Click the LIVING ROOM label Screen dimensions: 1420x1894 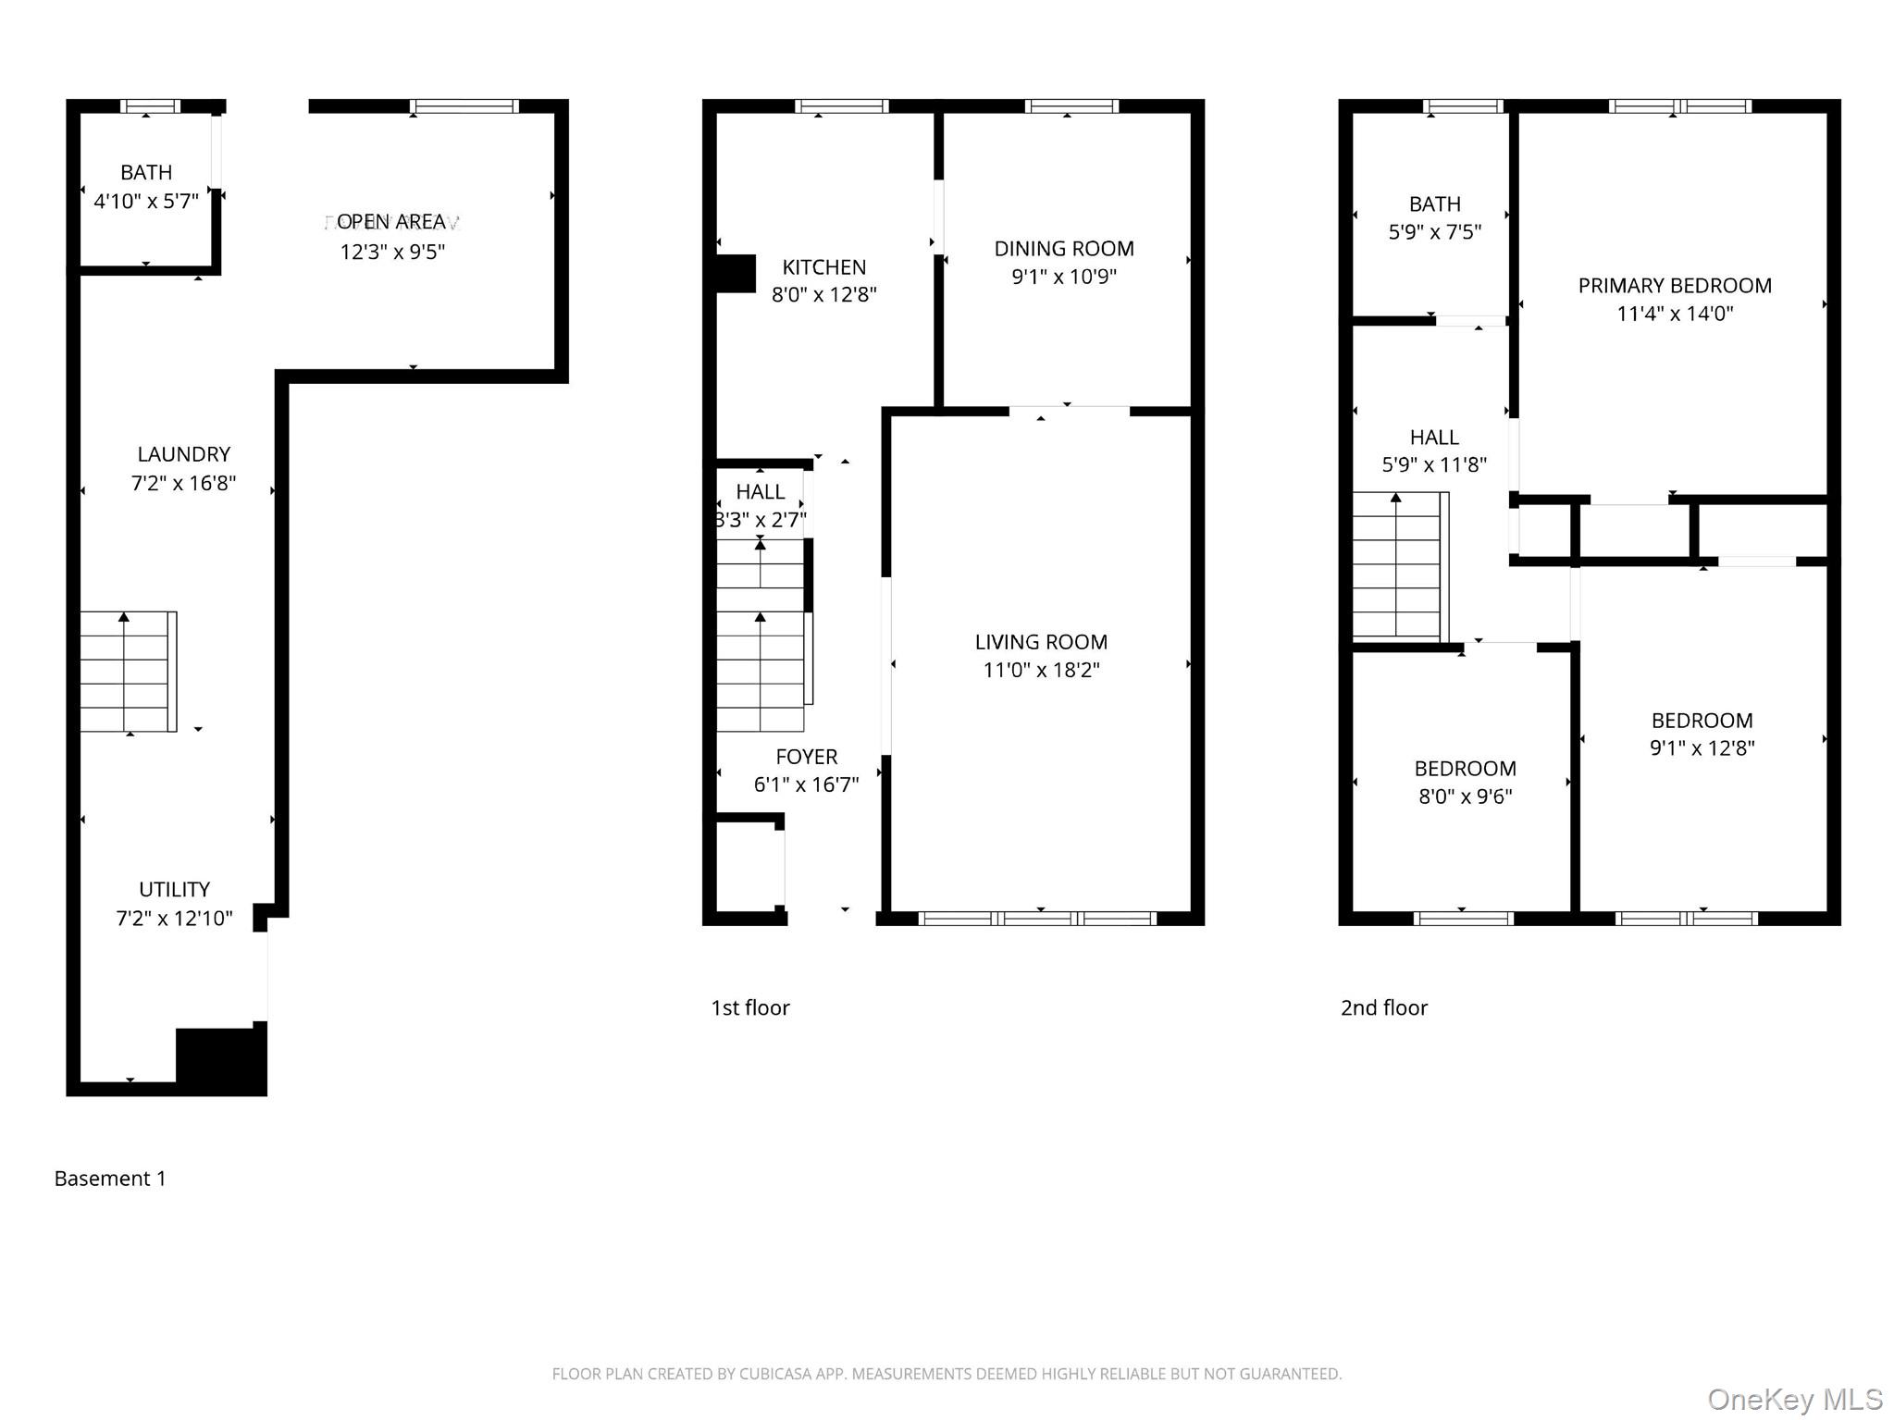point(1041,642)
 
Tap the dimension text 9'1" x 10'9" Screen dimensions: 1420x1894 point(1064,277)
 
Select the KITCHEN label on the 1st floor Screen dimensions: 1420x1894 point(823,267)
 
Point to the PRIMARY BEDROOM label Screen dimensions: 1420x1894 point(1674,286)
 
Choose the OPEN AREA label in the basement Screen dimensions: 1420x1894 point(391,222)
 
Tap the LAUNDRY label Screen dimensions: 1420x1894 point(183,454)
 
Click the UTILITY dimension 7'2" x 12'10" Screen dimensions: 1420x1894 point(174,918)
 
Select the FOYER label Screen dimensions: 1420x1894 point(806,757)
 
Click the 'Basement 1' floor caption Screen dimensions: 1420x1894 point(110,1179)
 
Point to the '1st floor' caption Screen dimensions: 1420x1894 point(749,1007)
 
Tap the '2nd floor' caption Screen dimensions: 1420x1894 point(1383,1007)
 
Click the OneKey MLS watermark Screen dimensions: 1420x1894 point(1794,1400)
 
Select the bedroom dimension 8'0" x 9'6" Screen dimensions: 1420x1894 point(1465,796)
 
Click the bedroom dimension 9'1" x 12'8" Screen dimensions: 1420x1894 point(1702,748)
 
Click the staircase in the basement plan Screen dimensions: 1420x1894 point(127,672)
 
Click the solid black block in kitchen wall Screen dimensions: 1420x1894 point(737,274)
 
